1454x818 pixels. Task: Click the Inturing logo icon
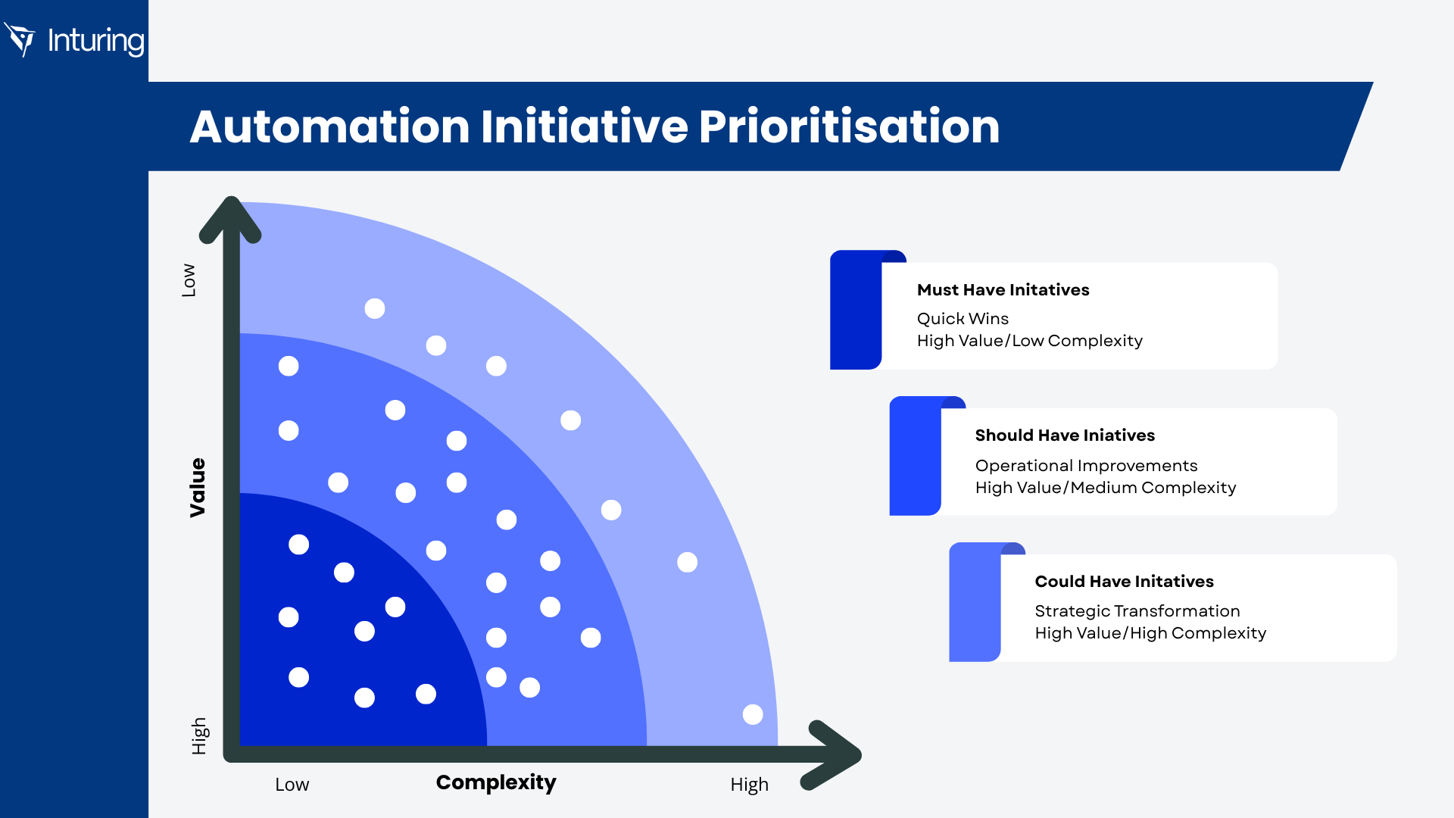(x=20, y=39)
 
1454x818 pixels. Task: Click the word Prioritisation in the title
(x=849, y=126)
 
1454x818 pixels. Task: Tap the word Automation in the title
(x=329, y=126)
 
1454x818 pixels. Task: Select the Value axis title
(x=198, y=488)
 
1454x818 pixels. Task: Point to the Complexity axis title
(x=496, y=782)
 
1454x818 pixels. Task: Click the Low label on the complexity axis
(x=292, y=785)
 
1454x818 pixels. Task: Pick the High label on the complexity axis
(x=749, y=785)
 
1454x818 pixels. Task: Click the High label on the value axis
(x=199, y=736)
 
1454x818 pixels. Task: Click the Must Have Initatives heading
(x=1003, y=290)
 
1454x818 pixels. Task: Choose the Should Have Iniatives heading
(x=1065, y=436)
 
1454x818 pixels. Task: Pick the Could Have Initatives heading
(x=1124, y=582)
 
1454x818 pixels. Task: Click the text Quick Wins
(x=963, y=319)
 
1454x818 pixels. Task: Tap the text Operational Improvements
(x=1086, y=466)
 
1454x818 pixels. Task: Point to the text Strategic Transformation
(x=1137, y=611)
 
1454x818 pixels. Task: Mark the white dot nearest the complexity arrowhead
(x=753, y=714)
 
